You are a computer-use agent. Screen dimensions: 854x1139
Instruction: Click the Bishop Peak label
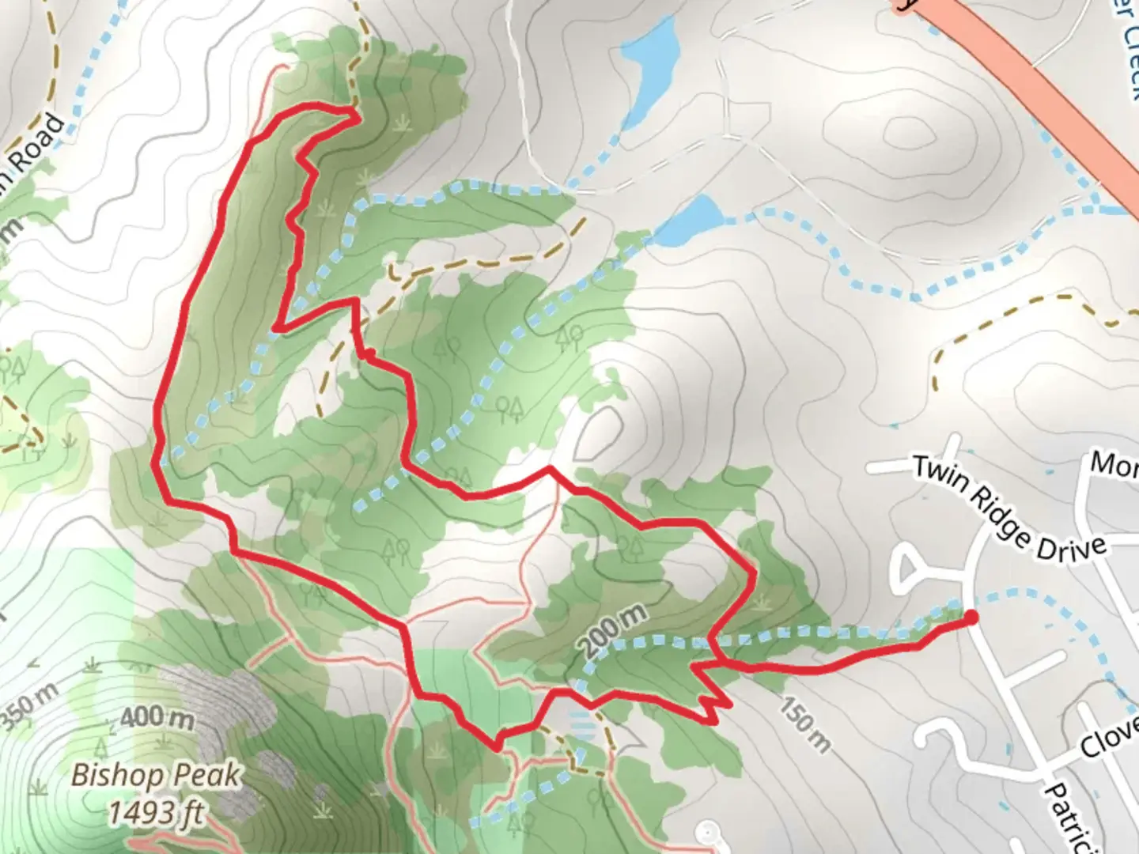point(156,776)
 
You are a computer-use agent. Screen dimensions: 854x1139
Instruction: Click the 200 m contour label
point(615,630)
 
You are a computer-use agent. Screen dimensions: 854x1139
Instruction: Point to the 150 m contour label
point(806,724)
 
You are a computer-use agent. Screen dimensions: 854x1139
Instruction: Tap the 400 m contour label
point(157,718)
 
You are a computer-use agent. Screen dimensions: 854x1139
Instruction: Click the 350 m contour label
point(28,706)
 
